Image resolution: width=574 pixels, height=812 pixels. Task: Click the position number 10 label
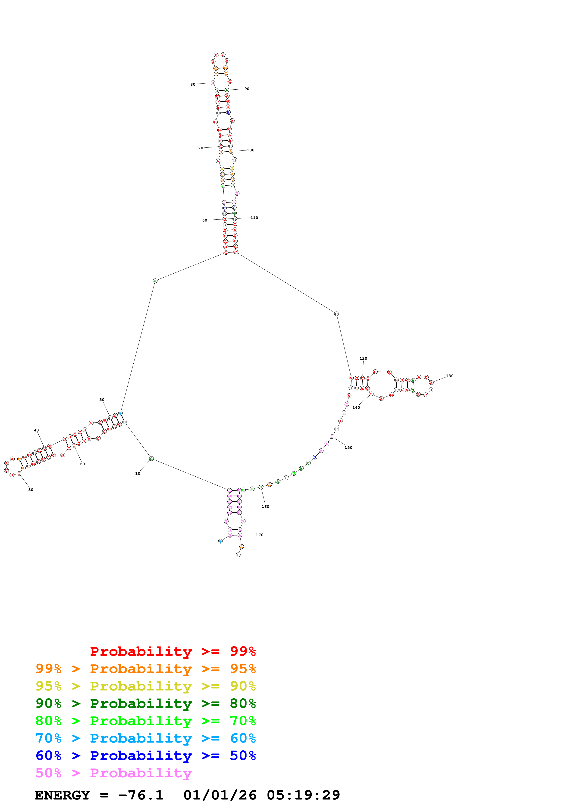pyautogui.click(x=138, y=474)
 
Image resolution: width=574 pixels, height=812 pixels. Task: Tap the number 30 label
pyautogui.click(x=31, y=490)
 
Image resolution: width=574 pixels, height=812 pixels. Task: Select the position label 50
pyautogui.click(x=102, y=400)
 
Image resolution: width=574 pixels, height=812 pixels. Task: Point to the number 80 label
pyautogui.click(x=193, y=84)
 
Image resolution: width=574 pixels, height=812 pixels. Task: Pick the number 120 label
pyautogui.click(x=363, y=359)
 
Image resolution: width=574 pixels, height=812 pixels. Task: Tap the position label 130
pyautogui.click(x=449, y=376)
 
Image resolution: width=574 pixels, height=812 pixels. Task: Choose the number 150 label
pyautogui.click(x=348, y=448)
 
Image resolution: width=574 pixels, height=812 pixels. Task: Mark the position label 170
pyautogui.click(x=260, y=535)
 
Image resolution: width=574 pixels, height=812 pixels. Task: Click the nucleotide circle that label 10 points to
pyautogui.click(x=151, y=459)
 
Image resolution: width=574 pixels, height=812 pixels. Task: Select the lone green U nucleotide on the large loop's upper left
pyautogui.click(x=155, y=281)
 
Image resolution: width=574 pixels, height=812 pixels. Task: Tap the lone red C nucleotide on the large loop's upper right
pyautogui.click(x=336, y=314)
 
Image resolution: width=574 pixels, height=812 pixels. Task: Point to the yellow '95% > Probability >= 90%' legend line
pyautogui.click(x=145, y=686)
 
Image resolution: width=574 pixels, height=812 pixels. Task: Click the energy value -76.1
pyautogui.click(x=141, y=795)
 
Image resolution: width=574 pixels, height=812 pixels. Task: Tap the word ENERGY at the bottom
pyautogui.click(x=62, y=795)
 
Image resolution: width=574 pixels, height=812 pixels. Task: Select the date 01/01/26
pyautogui.click(x=220, y=795)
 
